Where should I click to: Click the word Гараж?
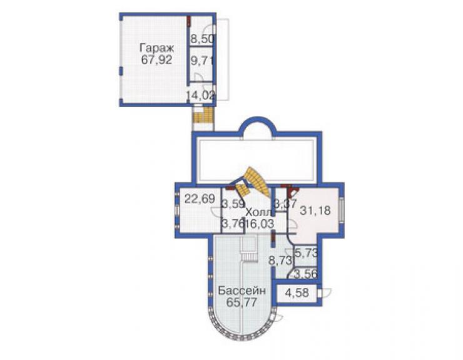pyautogui.click(x=156, y=48)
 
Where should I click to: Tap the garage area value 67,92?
pyautogui.click(x=156, y=60)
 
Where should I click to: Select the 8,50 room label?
pyautogui.click(x=202, y=39)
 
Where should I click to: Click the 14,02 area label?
pyautogui.click(x=201, y=95)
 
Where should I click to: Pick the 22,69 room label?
pyautogui.click(x=200, y=198)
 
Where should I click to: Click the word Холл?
pyautogui.click(x=258, y=212)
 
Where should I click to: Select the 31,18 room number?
pyautogui.click(x=315, y=210)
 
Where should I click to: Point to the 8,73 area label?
pyautogui.click(x=280, y=260)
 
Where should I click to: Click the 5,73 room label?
pyautogui.click(x=307, y=253)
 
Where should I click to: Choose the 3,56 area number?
pyautogui.click(x=306, y=274)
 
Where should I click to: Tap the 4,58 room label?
pyautogui.click(x=297, y=293)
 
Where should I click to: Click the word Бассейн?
pyautogui.click(x=242, y=291)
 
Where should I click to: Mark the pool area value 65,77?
pyautogui.click(x=242, y=302)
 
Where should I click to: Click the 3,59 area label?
pyautogui.click(x=233, y=204)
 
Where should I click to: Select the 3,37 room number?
pyautogui.click(x=285, y=203)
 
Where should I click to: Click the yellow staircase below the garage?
pyautogui.click(x=203, y=115)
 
